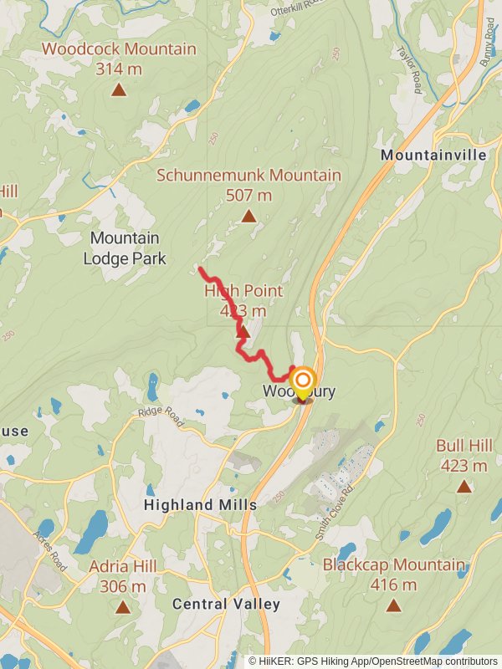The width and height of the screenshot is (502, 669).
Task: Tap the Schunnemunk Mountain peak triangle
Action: (x=248, y=217)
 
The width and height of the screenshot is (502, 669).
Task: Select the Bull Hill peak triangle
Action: (x=464, y=486)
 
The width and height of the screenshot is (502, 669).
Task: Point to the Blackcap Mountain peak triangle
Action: (x=393, y=605)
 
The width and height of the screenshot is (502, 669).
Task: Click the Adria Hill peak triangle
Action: (x=123, y=607)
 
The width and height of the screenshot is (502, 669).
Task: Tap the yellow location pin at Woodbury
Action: (x=302, y=383)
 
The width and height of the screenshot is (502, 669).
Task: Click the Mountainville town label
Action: (x=433, y=156)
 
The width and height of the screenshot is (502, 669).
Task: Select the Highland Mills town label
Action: (x=200, y=505)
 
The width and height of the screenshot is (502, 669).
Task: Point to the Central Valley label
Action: (x=226, y=604)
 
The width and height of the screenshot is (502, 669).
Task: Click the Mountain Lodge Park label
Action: (x=125, y=248)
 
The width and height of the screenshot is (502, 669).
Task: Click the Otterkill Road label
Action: (x=296, y=9)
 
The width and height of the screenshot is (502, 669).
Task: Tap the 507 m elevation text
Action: (x=248, y=196)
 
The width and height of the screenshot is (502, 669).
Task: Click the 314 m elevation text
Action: (x=119, y=69)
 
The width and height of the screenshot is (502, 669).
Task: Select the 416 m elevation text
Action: (x=393, y=585)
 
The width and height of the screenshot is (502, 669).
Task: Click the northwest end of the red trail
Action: (x=199, y=268)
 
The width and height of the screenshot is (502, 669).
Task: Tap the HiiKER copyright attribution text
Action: (x=372, y=661)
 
